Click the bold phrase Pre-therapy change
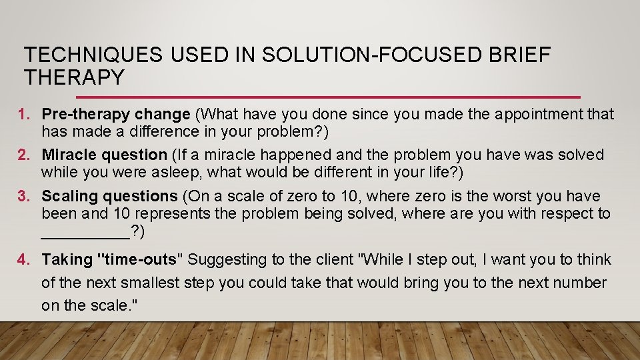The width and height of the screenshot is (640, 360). click(x=116, y=115)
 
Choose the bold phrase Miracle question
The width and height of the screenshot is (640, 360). click(x=105, y=155)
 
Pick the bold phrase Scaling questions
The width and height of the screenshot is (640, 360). click(x=109, y=197)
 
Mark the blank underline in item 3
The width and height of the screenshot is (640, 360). click(x=85, y=233)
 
